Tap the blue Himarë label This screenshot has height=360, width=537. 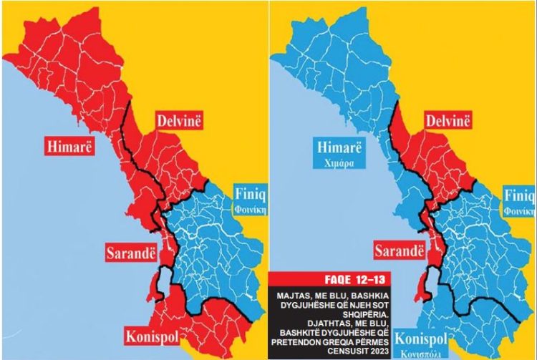pyautogui.click(x=339, y=148)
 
